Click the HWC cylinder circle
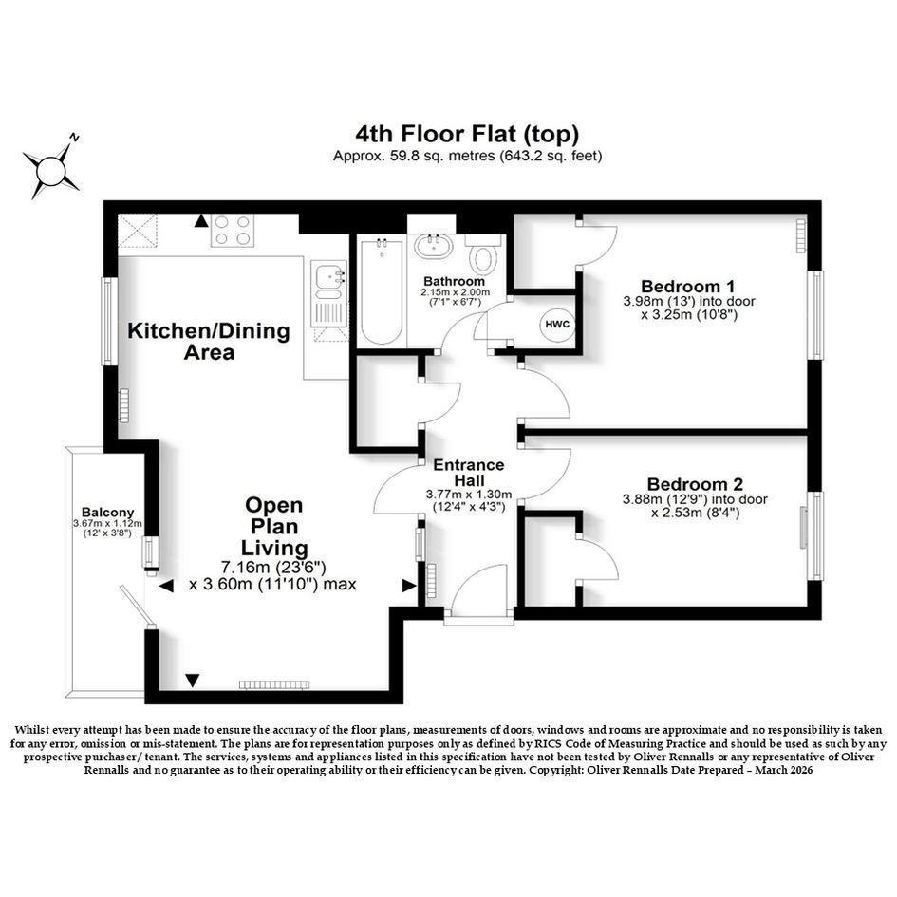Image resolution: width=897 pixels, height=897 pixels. click(x=557, y=325)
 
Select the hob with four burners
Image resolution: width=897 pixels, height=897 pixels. click(x=233, y=230)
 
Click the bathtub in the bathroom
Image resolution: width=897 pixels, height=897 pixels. click(x=382, y=291)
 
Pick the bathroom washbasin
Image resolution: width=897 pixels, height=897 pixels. click(x=433, y=245)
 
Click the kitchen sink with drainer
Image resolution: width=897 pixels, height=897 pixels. click(x=329, y=293)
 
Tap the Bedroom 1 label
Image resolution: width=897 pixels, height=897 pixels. click(x=687, y=286)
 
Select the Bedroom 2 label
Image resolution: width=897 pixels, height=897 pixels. click(x=695, y=484)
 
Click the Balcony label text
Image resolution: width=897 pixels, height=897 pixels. click(x=107, y=513)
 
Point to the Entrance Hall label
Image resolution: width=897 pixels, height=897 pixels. click(x=469, y=473)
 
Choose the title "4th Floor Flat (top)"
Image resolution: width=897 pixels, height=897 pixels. click(x=467, y=134)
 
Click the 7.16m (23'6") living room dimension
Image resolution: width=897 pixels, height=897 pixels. click(x=273, y=568)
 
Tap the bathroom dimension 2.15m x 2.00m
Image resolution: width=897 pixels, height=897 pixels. click(x=456, y=292)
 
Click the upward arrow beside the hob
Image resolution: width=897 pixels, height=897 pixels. click(x=201, y=221)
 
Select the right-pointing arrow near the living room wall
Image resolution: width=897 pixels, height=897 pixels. click(x=409, y=586)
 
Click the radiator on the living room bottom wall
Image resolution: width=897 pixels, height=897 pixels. click(x=274, y=684)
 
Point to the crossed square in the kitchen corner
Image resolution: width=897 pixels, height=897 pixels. click(x=137, y=231)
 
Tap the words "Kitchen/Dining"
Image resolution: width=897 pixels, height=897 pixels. click(x=208, y=330)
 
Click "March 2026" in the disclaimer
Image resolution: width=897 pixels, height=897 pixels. click(x=784, y=770)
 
